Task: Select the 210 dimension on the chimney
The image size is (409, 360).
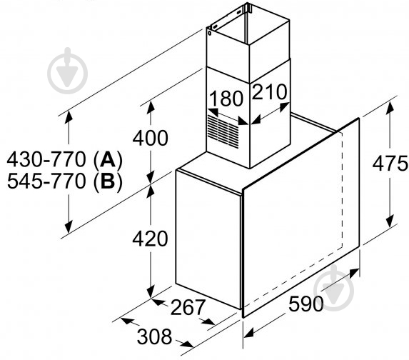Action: click(x=268, y=93)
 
